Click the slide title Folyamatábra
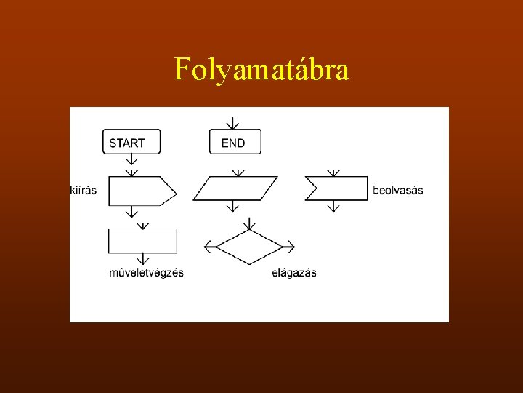coord(261,70)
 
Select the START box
coord(131,142)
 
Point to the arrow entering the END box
coord(232,121)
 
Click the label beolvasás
coord(397,191)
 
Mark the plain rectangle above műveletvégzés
coord(142,241)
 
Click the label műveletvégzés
coord(146,273)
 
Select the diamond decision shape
coord(248,247)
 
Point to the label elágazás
coord(294,273)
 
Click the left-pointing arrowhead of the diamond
coord(208,247)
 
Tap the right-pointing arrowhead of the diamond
coord(289,247)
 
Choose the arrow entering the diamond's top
coord(248,221)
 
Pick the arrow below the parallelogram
coord(232,207)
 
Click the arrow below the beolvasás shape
coord(333,207)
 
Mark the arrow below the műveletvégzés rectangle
coord(142,259)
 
